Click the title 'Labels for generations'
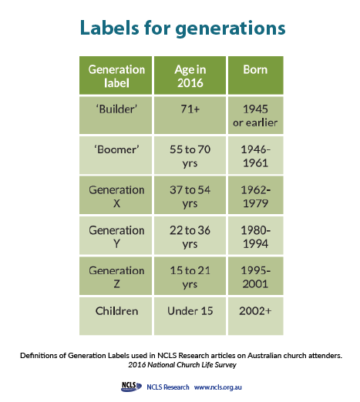pos(181,28)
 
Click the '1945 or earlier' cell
pos(255,116)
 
